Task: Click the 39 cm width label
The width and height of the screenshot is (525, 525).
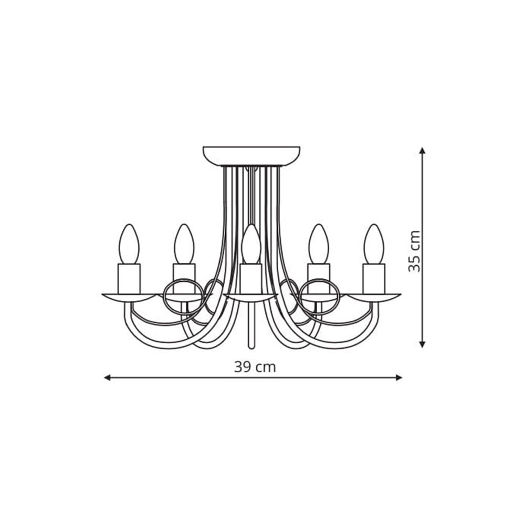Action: click(255, 367)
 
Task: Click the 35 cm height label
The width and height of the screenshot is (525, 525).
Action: click(415, 251)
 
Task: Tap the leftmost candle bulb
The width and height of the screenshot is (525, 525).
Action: click(129, 244)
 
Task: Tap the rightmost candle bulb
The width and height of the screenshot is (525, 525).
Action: click(374, 244)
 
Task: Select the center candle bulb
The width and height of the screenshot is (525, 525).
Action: click(251, 244)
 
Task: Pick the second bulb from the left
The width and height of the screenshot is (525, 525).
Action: click(184, 244)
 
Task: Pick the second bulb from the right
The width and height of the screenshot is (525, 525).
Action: click(319, 244)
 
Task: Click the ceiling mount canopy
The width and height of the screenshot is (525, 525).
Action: click(251, 156)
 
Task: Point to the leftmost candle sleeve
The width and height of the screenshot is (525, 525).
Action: click(129, 279)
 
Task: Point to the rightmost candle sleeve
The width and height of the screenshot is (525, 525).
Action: click(374, 279)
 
